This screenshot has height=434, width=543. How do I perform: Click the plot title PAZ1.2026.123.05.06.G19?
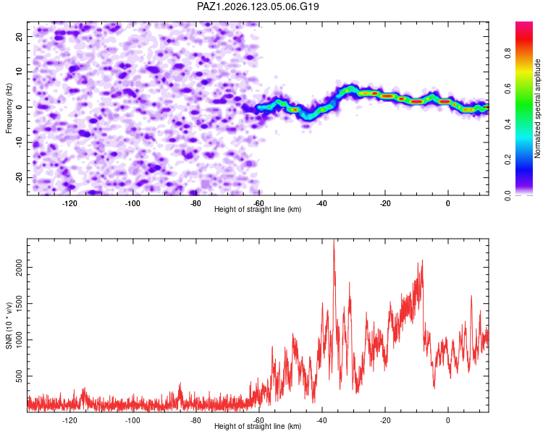coord(258,7)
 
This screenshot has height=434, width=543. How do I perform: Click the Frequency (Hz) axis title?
coord(9,109)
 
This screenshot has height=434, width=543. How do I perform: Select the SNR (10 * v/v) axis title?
coord(9,325)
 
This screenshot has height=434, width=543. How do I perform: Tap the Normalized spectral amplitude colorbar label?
coord(537,109)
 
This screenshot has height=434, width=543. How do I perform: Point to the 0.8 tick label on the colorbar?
coord(508,54)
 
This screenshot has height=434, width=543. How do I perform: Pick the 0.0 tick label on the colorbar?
coord(508,195)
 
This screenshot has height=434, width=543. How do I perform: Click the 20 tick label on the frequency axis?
coord(19,37)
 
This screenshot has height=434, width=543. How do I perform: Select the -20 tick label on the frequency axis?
coord(19,177)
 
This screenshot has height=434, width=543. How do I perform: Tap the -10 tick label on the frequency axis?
coord(19,142)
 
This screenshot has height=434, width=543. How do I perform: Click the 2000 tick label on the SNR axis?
coord(19,267)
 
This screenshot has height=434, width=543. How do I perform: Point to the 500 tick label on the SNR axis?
coord(19,376)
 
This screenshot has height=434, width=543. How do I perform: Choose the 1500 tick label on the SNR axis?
coord(19,304)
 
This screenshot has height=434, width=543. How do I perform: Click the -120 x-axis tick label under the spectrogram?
coord(70,203)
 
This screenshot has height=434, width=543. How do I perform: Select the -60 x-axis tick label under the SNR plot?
coord(258,420)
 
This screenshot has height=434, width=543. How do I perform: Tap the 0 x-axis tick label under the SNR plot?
coord(447,420)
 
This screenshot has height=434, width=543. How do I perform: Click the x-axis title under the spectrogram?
coord(258,209)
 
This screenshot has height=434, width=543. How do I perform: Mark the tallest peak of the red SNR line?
coord(334,239)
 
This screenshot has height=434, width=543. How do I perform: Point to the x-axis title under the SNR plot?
coord(258,426)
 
